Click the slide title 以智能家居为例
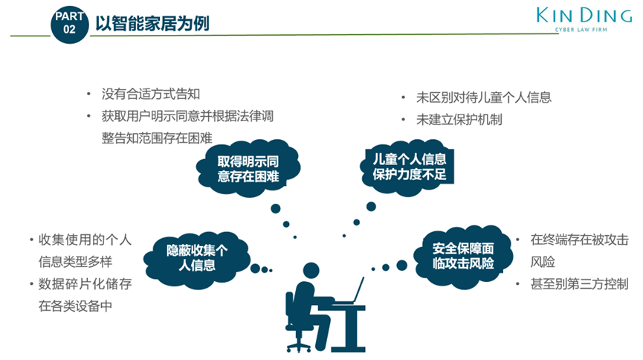[152, 24]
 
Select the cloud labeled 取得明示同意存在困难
[248, 168]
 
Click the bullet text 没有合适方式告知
[152, 94]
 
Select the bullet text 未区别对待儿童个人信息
[483, 97]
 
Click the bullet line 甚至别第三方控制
[579, 284]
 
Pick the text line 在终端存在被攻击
[579, 240]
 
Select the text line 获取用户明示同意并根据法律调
[189, 116]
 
